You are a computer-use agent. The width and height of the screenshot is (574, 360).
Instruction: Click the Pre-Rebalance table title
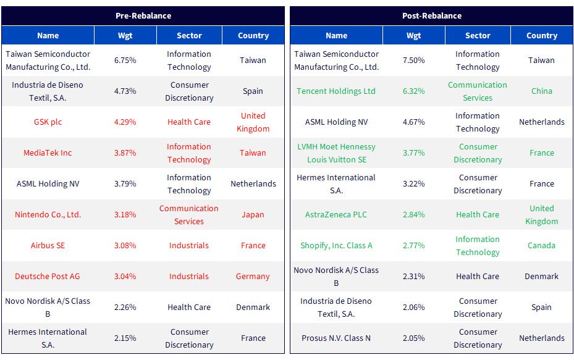tap(143, 15)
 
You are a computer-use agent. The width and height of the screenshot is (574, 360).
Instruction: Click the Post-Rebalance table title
tap(432, 15)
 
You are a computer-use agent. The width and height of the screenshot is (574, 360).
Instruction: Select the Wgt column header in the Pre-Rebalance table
tap(125, 35)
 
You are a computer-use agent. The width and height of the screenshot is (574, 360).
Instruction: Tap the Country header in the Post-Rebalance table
tap(542, 35)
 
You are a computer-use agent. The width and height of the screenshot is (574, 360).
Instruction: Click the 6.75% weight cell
tap(125, 61)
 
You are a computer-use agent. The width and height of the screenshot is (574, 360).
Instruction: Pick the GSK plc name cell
tap(48, 122)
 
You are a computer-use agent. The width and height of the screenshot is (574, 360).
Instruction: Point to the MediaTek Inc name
tap(48, 153)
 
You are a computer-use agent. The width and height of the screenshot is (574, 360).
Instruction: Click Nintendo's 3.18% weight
tap(125, 215)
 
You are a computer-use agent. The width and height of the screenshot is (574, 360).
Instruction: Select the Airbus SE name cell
tap(48, 246)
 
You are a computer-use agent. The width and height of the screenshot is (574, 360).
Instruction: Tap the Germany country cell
tap(253, 277)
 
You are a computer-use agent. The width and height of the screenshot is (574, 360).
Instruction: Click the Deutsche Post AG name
tap(47, 277)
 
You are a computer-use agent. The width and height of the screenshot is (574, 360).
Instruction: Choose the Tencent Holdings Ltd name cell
tap(336, 91)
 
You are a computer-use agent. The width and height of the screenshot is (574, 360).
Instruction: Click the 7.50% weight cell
tap(413, 61)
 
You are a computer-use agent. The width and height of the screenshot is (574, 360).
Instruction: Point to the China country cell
tap(542, 91)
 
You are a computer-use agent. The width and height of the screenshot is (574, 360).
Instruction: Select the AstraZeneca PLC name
tap(336, 215)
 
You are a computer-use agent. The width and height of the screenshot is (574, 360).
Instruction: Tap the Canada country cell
tap(541, 246)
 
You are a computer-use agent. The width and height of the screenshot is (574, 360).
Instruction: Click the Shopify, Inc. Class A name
tap(336, 246)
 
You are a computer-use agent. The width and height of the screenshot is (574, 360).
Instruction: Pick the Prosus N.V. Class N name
tap(336, 338)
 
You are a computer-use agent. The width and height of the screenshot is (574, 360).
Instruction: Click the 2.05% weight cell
tap(413, 338)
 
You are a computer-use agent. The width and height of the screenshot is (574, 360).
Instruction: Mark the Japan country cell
tap(253, 215)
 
